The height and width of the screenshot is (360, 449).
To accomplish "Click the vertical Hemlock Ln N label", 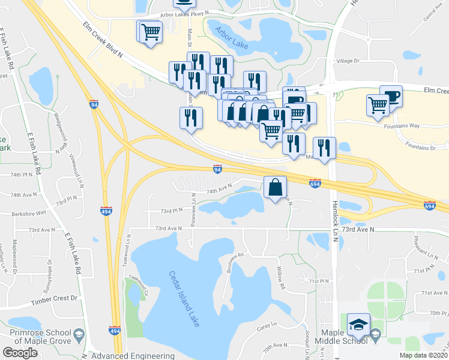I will [334, 209].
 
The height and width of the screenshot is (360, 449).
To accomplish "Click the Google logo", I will [20, 353].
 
